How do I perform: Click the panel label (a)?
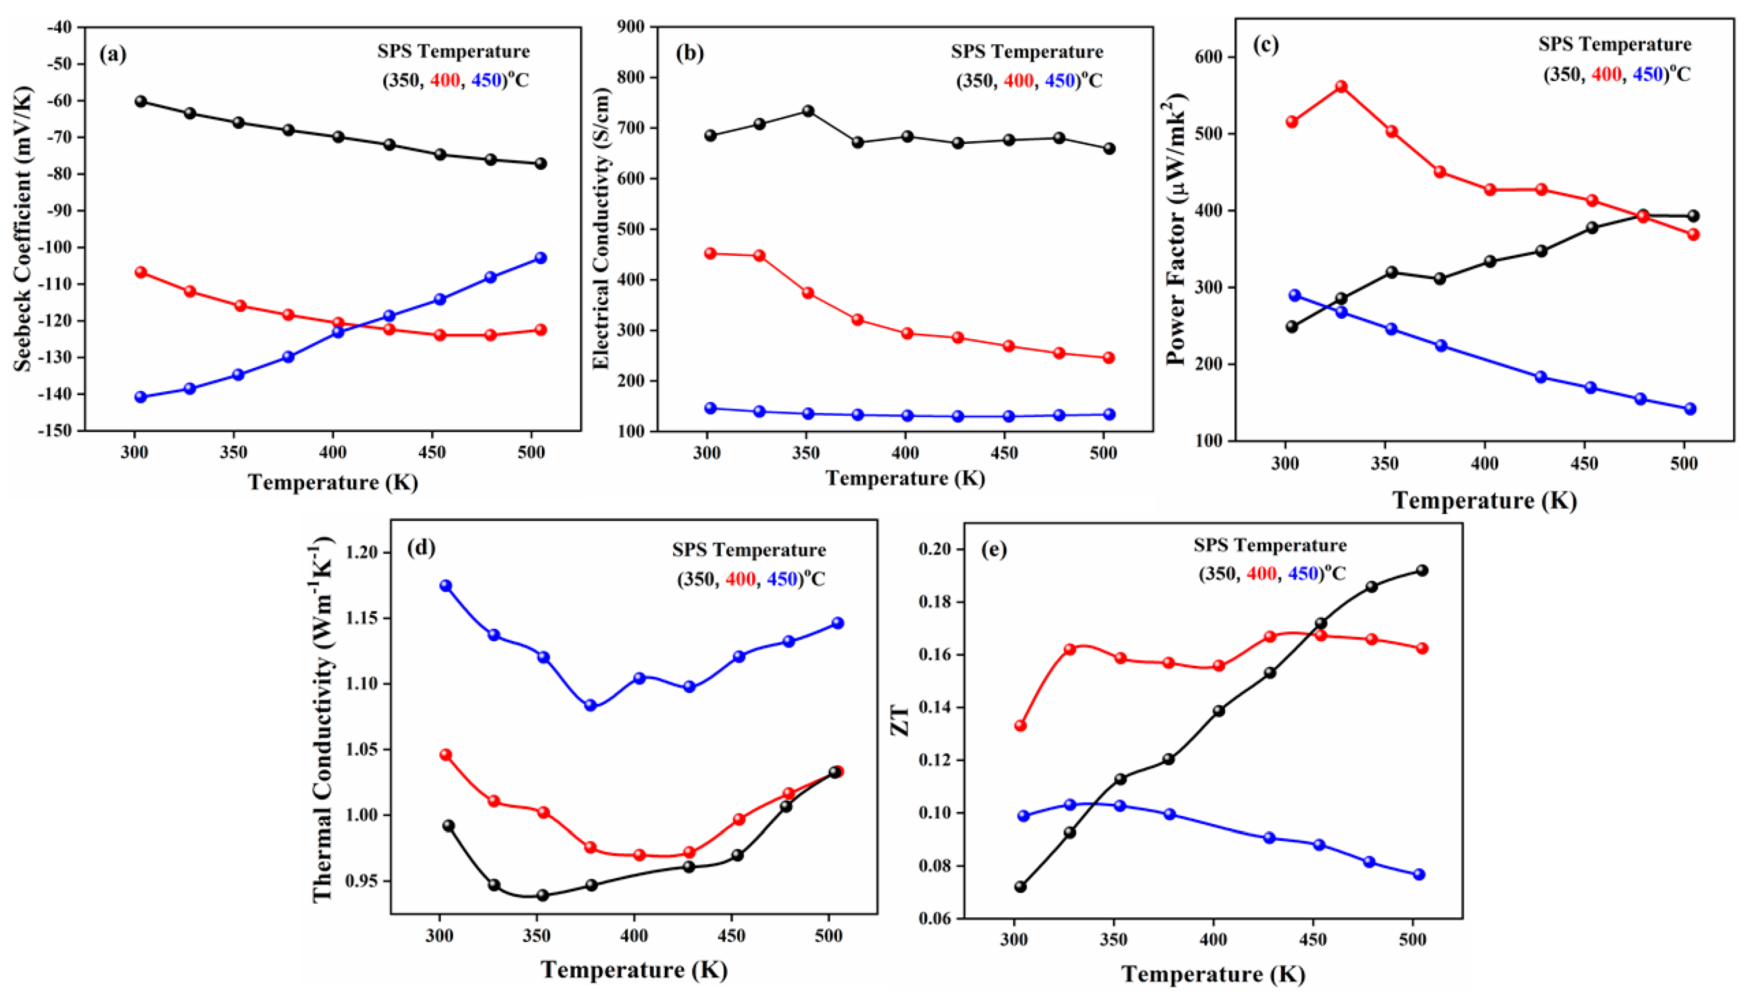113,54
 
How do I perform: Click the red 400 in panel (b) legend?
1018,81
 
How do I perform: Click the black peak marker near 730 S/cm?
808,111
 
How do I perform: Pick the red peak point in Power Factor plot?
1341,87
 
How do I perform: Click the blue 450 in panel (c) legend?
1647,74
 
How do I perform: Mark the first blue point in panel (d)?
446,585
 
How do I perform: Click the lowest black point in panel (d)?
542,895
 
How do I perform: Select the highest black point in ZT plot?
1421,570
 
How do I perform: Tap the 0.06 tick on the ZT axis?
935,918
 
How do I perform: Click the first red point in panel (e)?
1020,726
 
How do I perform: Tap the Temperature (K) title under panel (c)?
1484,501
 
